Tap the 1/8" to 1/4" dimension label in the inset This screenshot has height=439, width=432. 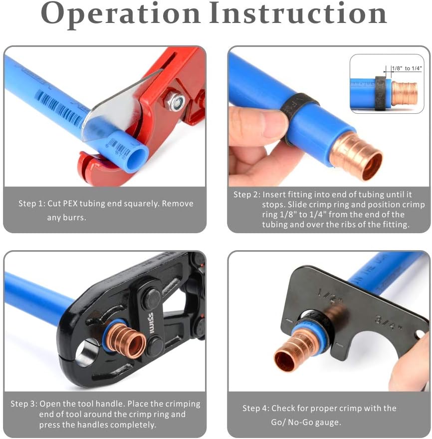click(x=406, y=68)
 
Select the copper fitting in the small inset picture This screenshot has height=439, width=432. click(x=404, y=93)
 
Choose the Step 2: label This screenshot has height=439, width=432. click(x=246, y=195)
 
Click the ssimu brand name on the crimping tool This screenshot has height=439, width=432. click(x=151, y=318)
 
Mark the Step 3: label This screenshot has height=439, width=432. click(x=23, y=404)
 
